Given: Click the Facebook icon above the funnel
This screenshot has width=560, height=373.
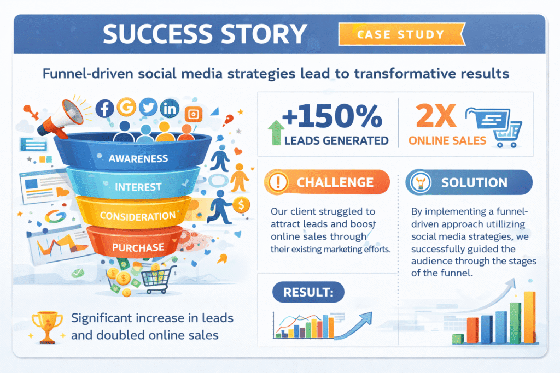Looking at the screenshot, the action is click(x=104, y=109).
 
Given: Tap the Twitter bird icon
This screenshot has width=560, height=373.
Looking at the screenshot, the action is click(x=148, y=107).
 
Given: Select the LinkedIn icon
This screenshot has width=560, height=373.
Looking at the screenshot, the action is click(x=170, y=108).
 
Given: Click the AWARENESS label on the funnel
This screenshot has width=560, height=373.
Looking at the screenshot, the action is click(x=138, y=158).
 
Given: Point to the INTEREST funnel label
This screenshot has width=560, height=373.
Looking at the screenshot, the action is click(x=138, y=187).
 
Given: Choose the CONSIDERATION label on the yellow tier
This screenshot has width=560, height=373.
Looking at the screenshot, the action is click(x=138, y=216).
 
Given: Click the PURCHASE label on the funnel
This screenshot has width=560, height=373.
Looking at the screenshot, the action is click(x=138, y=247).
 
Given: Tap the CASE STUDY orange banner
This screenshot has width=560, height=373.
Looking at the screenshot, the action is click(x=402, y=34).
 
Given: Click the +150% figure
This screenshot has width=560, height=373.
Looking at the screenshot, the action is click(x=332, y=116).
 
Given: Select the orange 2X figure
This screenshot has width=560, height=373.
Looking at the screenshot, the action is click(x=436, y=116).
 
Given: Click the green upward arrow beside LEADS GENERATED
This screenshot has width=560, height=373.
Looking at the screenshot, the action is click(x=276, y=133).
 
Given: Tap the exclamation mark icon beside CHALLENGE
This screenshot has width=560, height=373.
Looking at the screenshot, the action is click(x=278, y=182).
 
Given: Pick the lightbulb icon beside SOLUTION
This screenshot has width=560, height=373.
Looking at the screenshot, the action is click(x=421, y=182).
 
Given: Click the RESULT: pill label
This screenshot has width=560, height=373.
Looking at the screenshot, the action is click(x=308, y=292).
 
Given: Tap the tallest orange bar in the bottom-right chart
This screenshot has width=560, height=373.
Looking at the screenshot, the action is click(x=529, y=317).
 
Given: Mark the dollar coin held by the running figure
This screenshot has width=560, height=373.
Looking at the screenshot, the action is click(x=241, y=205).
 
